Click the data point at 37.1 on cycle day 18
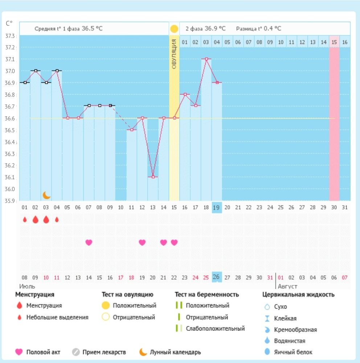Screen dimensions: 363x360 [206, 59]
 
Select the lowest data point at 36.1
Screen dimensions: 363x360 [153, 177]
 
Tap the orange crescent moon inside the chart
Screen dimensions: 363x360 [46, 195]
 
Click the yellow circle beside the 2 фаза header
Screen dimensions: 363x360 [174, 29]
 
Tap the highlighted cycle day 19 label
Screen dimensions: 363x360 [217, 207]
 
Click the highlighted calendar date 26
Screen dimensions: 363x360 [217, 277]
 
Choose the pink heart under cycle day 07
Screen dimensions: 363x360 [89, 242]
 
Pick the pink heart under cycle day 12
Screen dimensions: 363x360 [142, 242]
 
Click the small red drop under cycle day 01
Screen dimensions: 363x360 [25, 220]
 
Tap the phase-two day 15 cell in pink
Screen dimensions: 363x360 [334, 42]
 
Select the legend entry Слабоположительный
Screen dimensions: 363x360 [215, 329]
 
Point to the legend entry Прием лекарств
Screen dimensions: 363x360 [104, 352]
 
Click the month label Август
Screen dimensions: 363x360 [287, 286]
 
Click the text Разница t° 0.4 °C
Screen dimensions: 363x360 [258, 29]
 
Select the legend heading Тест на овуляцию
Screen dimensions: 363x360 [127, 294]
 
